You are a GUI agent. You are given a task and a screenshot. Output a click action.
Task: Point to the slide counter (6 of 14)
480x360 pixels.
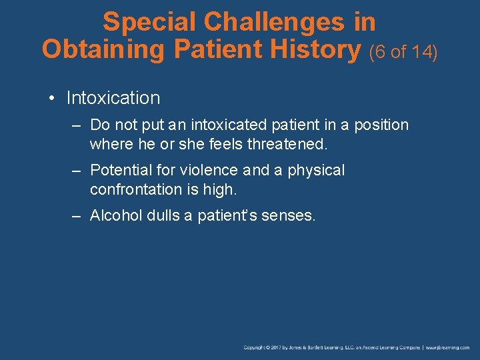click(403, 51)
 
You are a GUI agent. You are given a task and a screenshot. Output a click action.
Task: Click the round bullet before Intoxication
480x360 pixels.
click(51, 99)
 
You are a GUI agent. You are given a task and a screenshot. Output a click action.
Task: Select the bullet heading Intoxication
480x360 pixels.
click(113, 98)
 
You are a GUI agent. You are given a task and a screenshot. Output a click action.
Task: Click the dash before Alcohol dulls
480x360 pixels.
click(77, 215)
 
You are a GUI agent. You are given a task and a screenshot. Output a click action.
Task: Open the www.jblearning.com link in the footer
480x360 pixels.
click(447, 348)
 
